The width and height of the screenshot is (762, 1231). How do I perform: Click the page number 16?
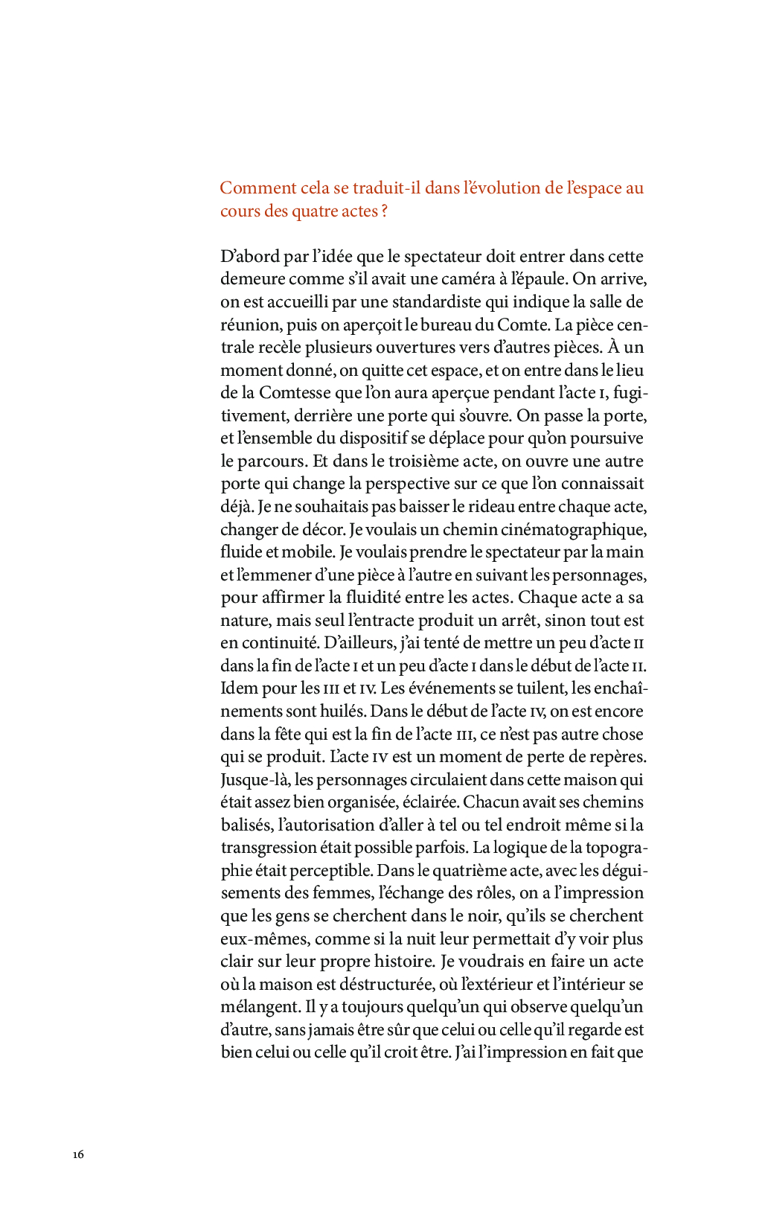[78, 1154]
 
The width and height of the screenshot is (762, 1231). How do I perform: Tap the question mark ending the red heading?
[384, 211]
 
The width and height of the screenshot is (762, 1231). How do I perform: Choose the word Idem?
[237, 688]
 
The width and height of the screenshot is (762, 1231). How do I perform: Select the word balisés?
[245, 825]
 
